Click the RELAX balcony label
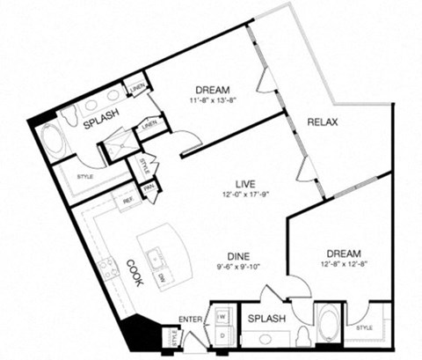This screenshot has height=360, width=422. pos(323,121)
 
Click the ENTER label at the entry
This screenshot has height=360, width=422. pos(191,318)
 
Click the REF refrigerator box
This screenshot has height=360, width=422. pos(127,200)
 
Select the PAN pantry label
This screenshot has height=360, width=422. pos(149,188)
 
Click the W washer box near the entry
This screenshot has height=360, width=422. pos(222,315)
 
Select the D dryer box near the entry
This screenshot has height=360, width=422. pos(222,335)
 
